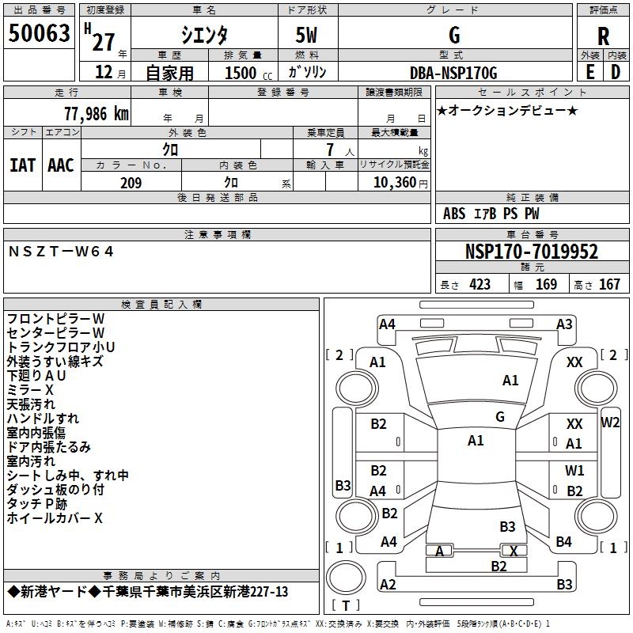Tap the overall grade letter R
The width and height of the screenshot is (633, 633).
603,36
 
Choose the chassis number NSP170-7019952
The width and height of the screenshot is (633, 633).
532,252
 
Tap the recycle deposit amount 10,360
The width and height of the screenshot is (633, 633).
393,183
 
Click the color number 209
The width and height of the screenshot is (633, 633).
131,183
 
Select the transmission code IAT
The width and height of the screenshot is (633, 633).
22,165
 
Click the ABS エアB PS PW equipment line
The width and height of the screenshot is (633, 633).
491,214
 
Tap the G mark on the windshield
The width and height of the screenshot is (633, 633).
500,416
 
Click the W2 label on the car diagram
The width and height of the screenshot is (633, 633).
610,422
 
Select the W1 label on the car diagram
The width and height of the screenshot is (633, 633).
574,471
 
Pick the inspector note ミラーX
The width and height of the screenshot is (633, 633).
30,390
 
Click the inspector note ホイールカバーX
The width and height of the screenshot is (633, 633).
55,518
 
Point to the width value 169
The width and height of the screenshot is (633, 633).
546,284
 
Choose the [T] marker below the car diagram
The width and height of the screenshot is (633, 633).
347,606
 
